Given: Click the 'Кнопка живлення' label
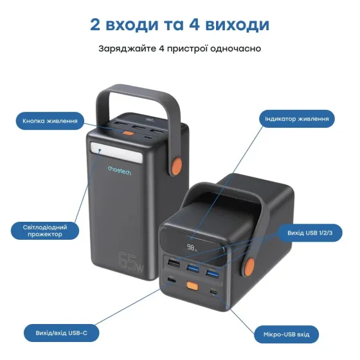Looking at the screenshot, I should [50, 120].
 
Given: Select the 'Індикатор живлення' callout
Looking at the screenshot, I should [298, 119].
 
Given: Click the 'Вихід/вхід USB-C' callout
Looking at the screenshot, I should [56, 333].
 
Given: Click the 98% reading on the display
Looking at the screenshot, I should [192, 246].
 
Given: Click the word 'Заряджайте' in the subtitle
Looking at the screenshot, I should [123, 49].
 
